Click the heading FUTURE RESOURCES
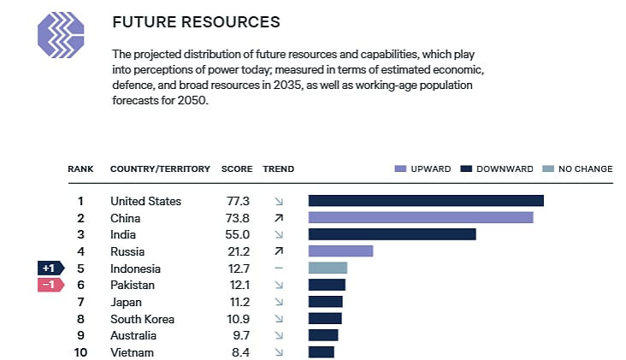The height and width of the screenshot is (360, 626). (x=196, y=21)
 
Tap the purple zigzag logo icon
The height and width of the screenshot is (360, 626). (x=61, y=34)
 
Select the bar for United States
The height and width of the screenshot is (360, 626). (x=426, y=201)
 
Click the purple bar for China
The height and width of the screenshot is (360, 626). (x=420, y=218)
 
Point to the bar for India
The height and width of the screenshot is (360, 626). (x=392, y=234)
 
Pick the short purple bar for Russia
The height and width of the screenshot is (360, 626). (x=340, y=251)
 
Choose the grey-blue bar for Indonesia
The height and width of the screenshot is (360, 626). (x=328, y=269)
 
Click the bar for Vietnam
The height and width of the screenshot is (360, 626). (x=321, y=352)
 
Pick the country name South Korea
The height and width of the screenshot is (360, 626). (x=142, y=319)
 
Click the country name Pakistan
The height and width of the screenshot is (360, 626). (x=133, y=285)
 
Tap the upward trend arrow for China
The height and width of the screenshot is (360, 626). (x=278, y=218)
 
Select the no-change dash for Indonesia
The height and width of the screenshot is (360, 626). (x=278, y=269)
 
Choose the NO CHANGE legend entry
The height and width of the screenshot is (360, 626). (x=578, y=168)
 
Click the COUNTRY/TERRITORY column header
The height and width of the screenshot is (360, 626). (x=160, y=168)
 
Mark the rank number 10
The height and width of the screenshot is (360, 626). (x=80, y=352)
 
